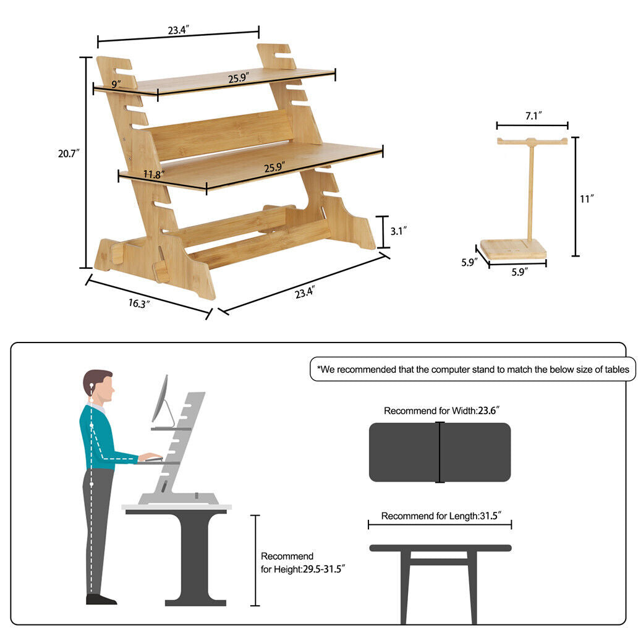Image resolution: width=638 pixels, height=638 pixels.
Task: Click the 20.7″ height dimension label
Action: pyautogui.click(x=69, y=153)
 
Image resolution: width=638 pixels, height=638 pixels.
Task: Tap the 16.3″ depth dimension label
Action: pyautogui.click(x=139, y=304)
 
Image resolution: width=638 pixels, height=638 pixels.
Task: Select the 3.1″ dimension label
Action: pyautogui.click(x=398, y=231)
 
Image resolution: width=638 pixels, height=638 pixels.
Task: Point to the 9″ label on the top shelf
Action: pyautogui.click(x=116, y=84)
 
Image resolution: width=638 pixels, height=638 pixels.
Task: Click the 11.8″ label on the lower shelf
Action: pyautogui.click(x=154, y=174)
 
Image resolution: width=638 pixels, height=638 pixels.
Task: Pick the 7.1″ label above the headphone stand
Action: pyautogui.click(x=534, y=116)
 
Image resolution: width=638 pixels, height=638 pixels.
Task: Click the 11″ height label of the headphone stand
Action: pyautogui.click(x=587, y=199)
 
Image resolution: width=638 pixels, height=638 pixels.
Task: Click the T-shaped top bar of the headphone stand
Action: pyautogui.click(x=532, y=142)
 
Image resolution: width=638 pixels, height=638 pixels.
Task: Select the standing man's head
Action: pyautogui.click(x=98, y=386)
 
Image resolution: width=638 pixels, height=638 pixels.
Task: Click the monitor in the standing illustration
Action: pyautogui.click(x=160, y=399)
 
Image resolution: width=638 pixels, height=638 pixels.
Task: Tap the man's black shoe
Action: pyautogui.click(x=101, y=599)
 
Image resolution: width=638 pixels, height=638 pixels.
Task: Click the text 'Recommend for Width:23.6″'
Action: pyautogui.click(x=441, y=411)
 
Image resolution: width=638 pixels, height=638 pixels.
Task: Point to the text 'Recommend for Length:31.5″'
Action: pyautogui.click(x=441, y=516)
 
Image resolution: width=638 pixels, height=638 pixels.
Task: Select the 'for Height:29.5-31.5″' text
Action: pyautogui.click(x=303, y=569)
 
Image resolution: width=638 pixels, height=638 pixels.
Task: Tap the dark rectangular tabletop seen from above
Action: pyautogui.click(x=440, y=452)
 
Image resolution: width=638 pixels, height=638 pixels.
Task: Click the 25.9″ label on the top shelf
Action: pyautogui.click(x=239, y=77)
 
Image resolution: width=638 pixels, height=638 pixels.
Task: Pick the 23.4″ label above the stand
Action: pyautogui.click(x=178, y=30)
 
